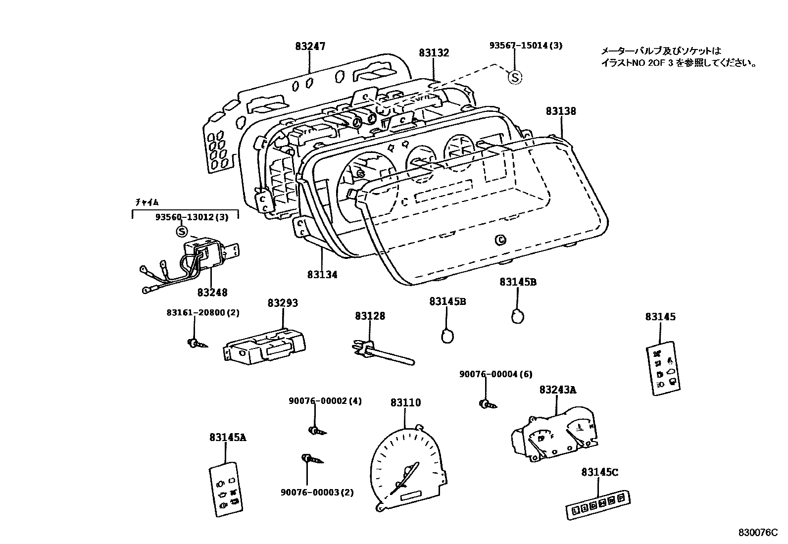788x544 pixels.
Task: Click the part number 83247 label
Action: (310, 47)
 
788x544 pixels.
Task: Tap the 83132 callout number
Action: (434, 52)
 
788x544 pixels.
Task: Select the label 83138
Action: (561, 111)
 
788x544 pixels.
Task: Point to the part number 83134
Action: (322, 274)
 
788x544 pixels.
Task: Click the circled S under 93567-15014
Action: (515, 77)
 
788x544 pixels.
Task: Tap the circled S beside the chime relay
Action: (182, 231)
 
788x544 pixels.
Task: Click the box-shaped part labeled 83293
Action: (265, 345)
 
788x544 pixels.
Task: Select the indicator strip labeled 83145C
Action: (598, 505)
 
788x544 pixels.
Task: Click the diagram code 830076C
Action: (755, 532)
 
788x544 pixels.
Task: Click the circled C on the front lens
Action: (501, 240)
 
